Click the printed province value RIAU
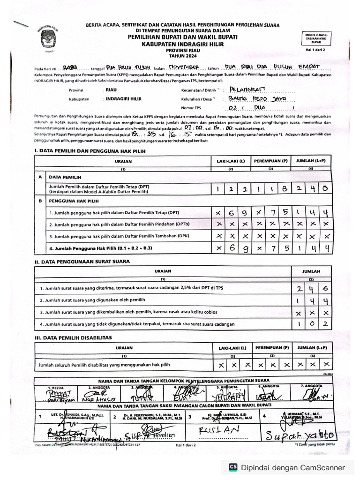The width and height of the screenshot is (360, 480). coord(111,90)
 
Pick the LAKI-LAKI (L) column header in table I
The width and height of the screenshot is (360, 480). coord(231,161)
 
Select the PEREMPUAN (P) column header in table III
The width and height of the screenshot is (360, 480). coord(271,348)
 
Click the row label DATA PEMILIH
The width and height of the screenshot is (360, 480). coord(65,177)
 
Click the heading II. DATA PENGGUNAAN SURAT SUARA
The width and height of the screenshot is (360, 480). coord(82,262)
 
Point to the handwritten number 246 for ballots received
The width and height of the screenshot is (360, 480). coord(311,289)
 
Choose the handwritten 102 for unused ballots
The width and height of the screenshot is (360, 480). coord(311,324)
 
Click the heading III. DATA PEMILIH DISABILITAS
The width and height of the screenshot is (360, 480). coord(73,337)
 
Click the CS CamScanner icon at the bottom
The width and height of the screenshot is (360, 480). coord(233,467)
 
